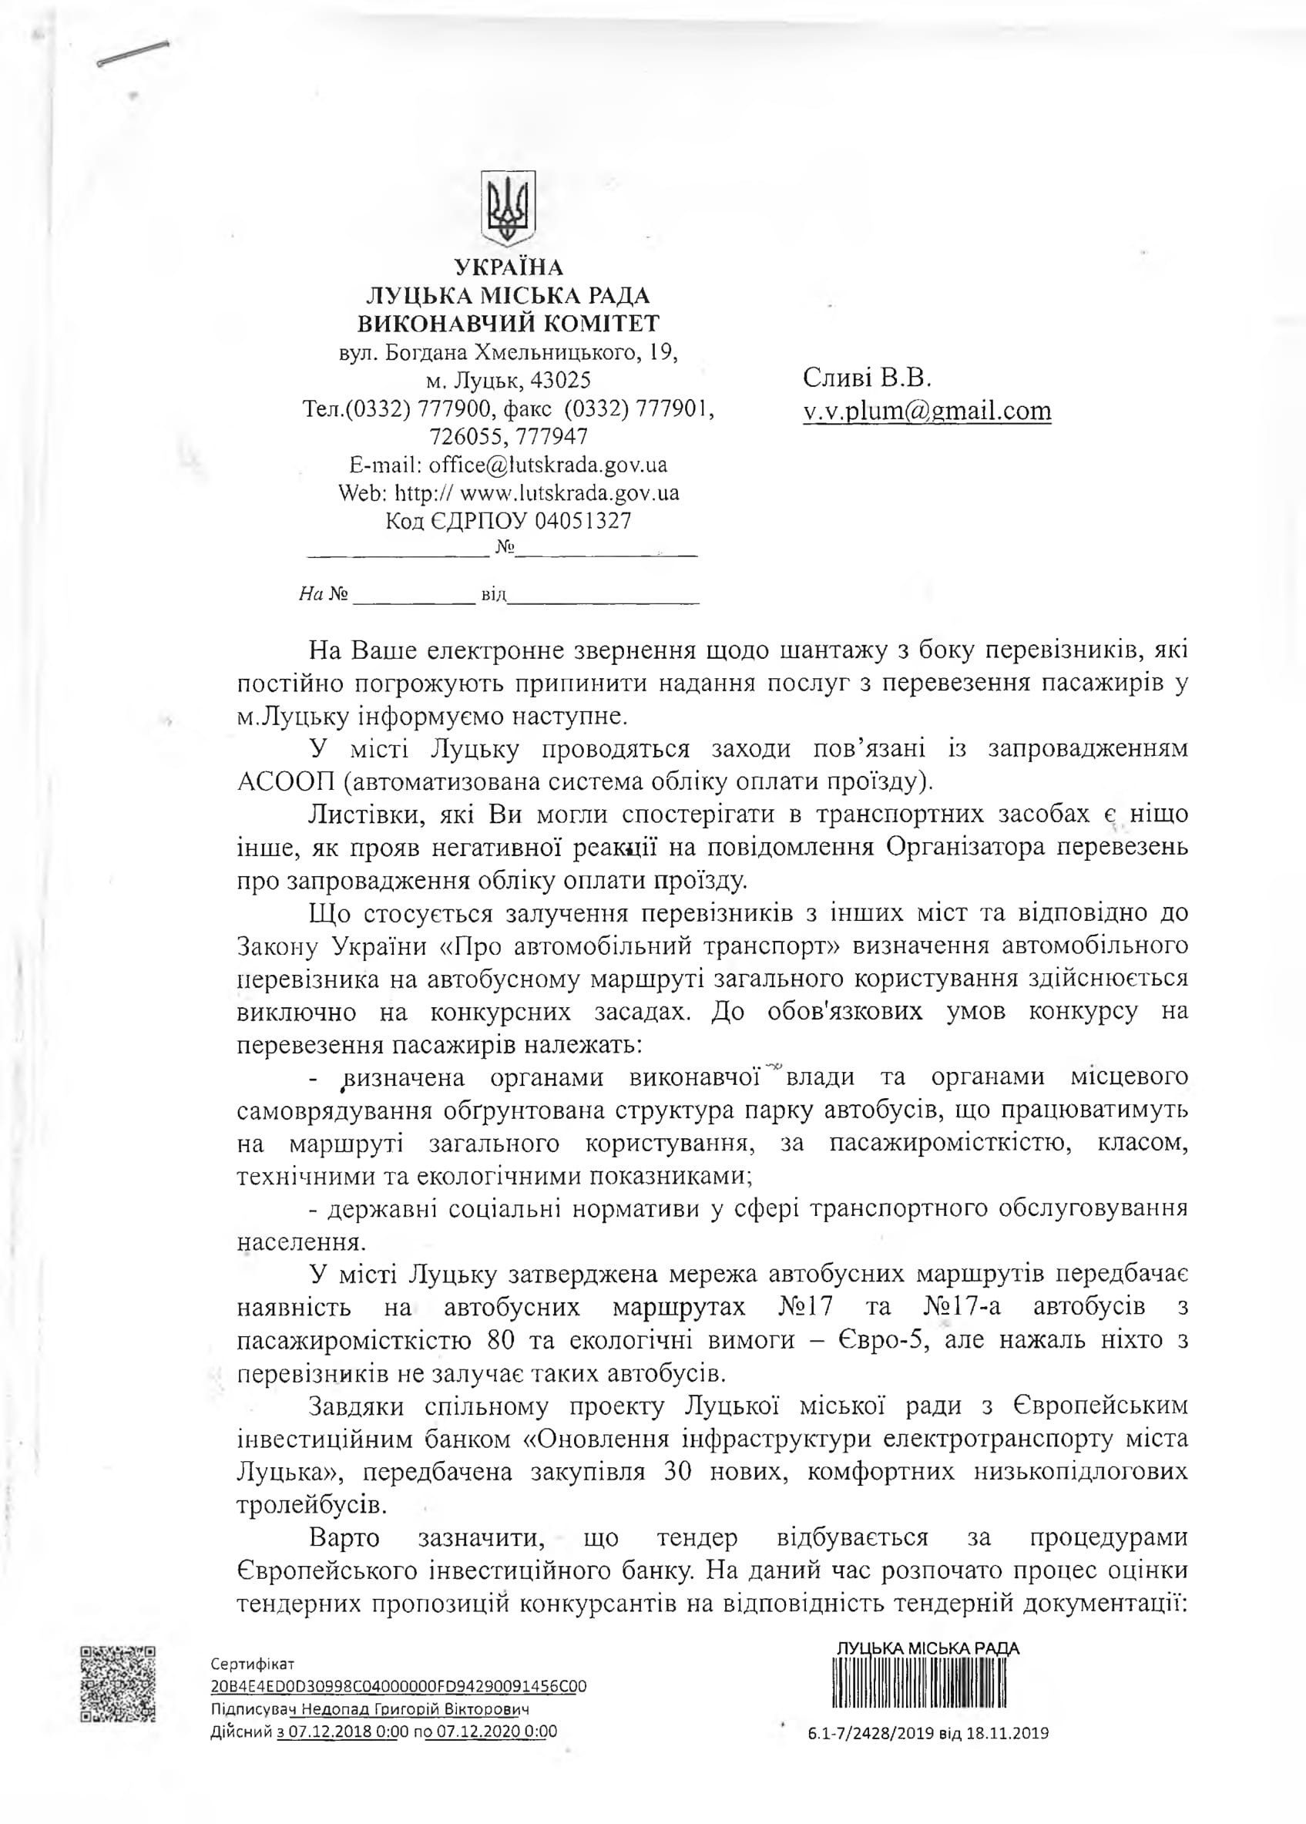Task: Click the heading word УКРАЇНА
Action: [x=509, y=267]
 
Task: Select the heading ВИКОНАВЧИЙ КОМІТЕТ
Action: [x=509, y=324]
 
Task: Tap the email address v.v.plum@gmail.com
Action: [x=927, y=411]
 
